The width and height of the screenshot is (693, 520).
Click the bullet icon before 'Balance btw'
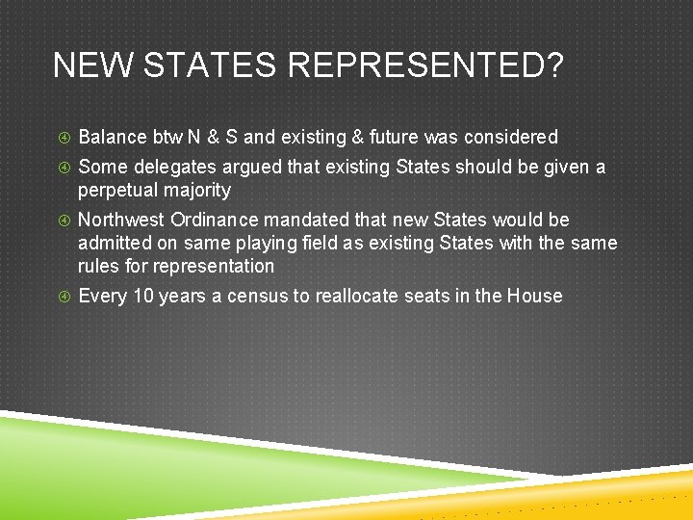point(64,139)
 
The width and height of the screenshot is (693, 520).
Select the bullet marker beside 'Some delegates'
point(64,169)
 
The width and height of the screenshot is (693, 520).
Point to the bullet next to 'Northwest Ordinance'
point(64,221)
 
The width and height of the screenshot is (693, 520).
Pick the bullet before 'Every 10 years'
point(64,297)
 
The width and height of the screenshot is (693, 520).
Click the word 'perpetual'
point(115,191)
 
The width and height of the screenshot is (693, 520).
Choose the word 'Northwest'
point(121,221)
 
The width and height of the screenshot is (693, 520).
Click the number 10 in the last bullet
point(143,296)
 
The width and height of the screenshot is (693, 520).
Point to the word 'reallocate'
point(352,296)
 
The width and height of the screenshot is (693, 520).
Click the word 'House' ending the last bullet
point(535,296)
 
